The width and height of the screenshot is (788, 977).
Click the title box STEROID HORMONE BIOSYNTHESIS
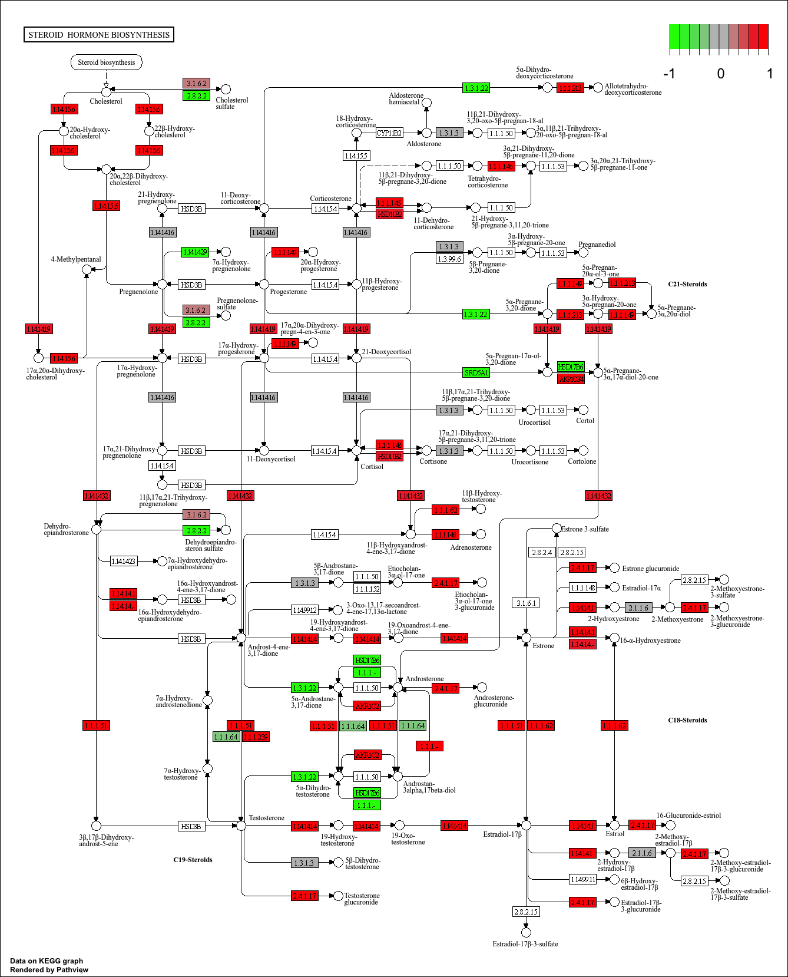point(99,35)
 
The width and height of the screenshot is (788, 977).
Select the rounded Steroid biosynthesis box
point(107,62)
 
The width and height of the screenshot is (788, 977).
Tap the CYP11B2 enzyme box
point(389,133)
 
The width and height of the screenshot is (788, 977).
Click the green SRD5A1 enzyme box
point(476,372)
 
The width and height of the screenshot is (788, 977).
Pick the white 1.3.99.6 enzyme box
point(449,259)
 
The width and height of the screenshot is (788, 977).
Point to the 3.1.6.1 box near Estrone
point(526,603)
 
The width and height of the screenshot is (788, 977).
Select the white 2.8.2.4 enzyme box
point(542,552)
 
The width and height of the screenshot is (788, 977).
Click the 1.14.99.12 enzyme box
point(304,610)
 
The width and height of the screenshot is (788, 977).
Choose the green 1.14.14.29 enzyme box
point(195,252)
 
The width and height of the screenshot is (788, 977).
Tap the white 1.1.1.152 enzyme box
point(367,589)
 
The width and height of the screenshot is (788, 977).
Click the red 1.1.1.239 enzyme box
point(256,737)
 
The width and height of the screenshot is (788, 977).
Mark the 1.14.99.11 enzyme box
point(582,880)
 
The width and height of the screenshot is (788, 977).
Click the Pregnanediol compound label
point(597,245)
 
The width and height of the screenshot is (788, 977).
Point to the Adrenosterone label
point(471,547)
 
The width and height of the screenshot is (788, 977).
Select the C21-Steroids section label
point(687,284)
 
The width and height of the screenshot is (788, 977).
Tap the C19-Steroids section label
point(193,860)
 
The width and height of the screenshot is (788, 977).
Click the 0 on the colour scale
point(720,74)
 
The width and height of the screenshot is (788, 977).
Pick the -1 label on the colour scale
point(669,74)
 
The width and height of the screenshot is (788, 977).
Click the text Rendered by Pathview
point(49,970)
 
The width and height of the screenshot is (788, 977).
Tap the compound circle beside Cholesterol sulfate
point(226,89)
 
